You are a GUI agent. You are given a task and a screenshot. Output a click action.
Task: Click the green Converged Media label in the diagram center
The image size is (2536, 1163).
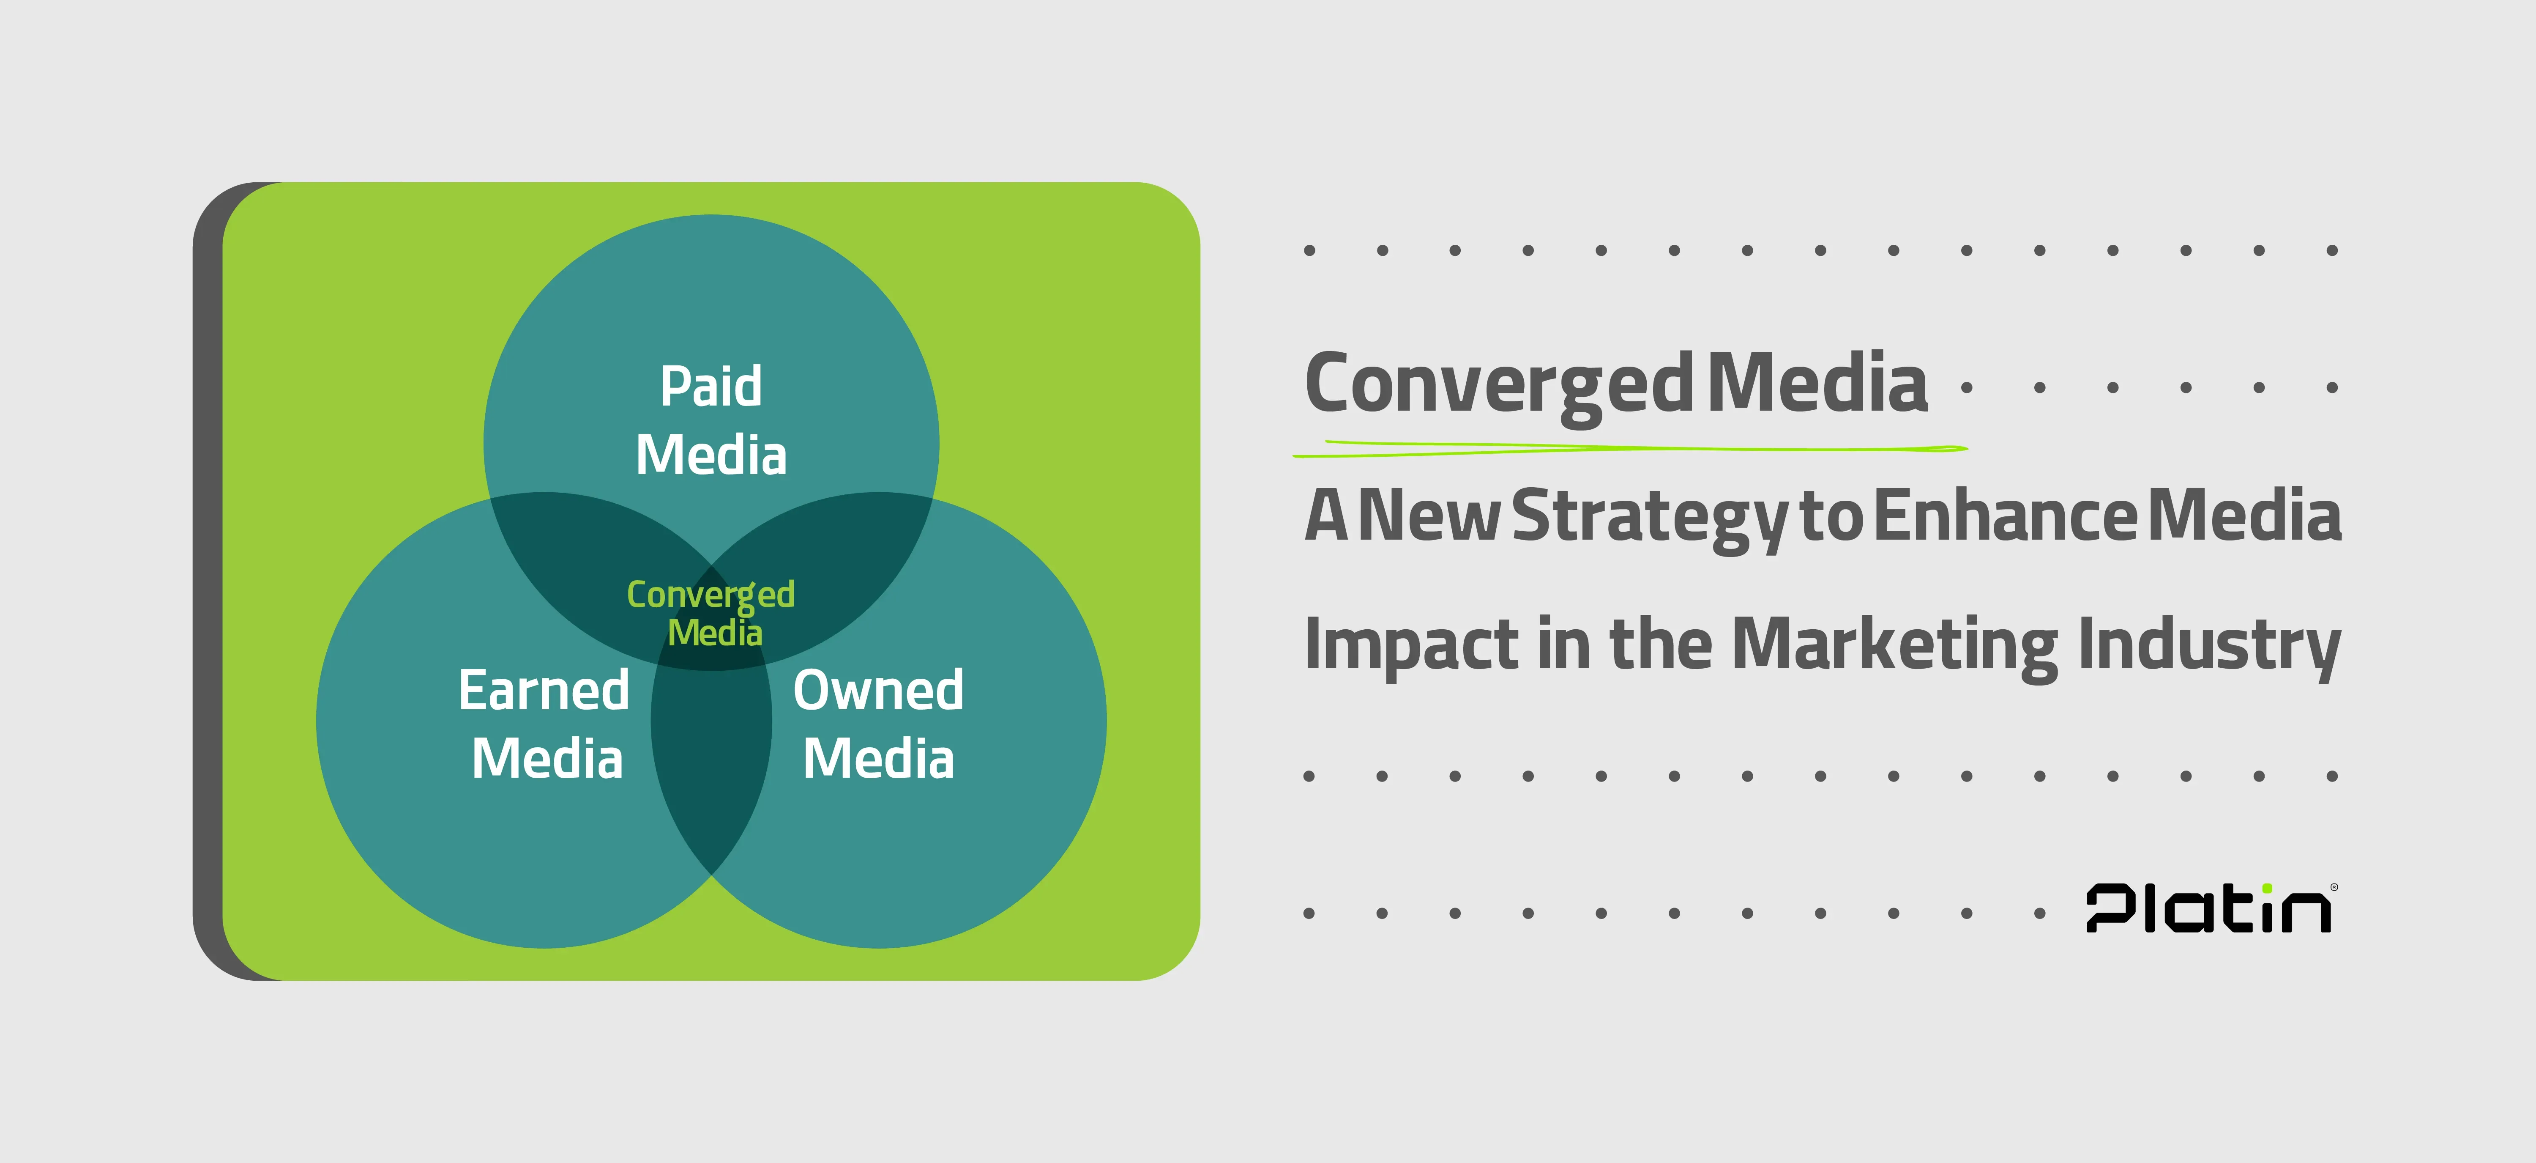[x=711, y=612]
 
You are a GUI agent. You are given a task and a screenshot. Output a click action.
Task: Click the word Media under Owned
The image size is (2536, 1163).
[x=878, y=758]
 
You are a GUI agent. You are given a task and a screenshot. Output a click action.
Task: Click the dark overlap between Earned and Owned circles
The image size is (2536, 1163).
[x=711, y=758]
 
